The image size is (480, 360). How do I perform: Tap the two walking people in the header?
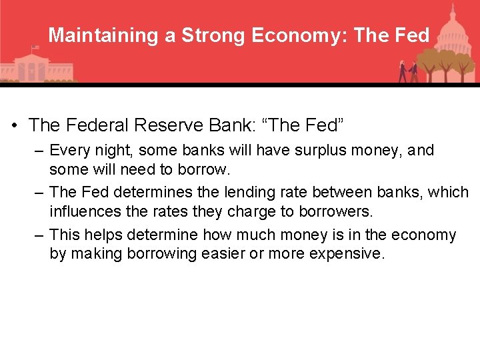coord(407,71)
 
